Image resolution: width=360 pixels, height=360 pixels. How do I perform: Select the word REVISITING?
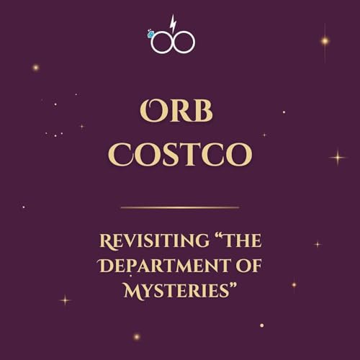pyautogui.click(x=146, y=241)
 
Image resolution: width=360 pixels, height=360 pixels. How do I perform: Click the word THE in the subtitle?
pyautogui.click(x=233, y=241)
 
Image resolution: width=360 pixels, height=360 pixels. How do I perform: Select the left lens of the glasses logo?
pyautogui.click(x=159, y=42)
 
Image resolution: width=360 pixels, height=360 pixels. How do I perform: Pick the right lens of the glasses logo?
pyautogui.click(x=184, y=42)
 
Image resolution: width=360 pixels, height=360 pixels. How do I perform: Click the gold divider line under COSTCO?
pyautogui.click(x=179, y=207)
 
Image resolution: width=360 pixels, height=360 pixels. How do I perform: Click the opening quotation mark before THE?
pyautogui.click(x=207, y=237)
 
